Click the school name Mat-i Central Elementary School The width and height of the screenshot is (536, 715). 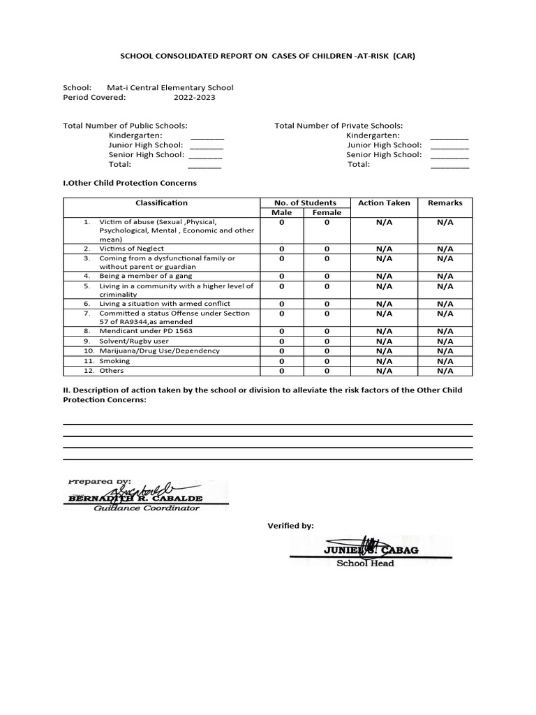[x=170, y=88]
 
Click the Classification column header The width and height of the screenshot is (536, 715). [x=161, y=203]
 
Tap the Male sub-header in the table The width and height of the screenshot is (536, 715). [x=281, y=213]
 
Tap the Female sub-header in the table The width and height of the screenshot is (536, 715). [x=327, y=213]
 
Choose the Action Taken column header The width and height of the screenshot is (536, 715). [x=384, y=203]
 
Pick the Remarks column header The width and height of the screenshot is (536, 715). [x=445, y=203]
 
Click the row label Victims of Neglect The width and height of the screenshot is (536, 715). [x=132, y=249]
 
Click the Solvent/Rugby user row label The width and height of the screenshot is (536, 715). [x=134, y=341]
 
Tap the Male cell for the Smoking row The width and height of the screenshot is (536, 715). [x=281, y=362]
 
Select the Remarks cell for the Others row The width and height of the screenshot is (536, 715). [x=445, y=371]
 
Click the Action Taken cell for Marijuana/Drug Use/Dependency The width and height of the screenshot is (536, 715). [x=384, y=351]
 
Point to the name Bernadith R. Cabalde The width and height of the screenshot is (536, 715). [x=134, y=499]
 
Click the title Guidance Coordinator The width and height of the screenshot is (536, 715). [x=146, y=508]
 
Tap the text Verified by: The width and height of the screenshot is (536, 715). [x=290, y=525]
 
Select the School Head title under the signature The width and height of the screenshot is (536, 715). [x=365, y=563]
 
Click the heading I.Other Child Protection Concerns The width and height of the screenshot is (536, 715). [x=130, y=183]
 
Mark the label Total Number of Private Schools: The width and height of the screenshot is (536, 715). [x=338, y=126]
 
